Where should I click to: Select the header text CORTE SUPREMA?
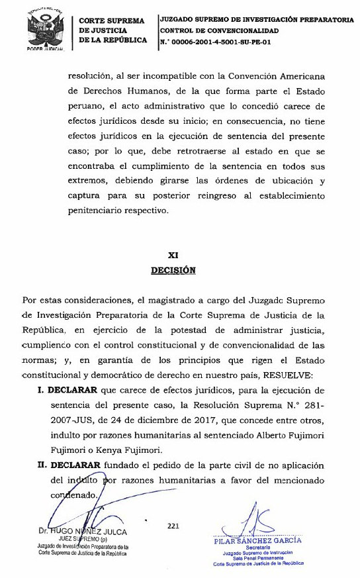(111, 21)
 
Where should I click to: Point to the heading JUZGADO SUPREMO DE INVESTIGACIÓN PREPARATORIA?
(257, 20)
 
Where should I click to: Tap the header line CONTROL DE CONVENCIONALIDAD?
(219, 30)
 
